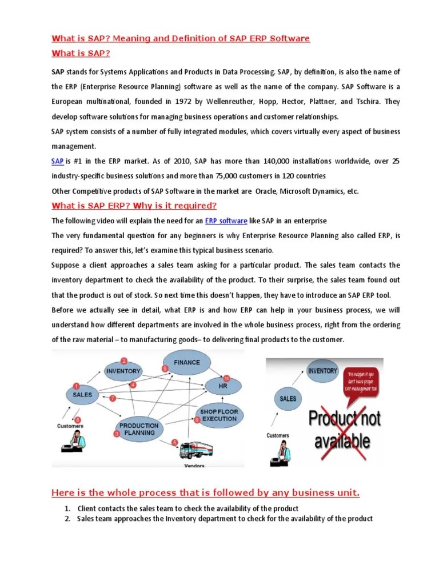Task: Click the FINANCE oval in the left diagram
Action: [187, 362]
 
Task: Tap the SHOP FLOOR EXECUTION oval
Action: [219, 415]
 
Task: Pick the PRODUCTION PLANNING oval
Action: [139, 429]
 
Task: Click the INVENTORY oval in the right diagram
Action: [322, 371]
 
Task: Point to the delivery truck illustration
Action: [195, 449]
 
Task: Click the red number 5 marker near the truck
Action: [175, 442]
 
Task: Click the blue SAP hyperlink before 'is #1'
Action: [57, 162]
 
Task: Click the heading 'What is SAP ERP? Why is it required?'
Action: [134, 206]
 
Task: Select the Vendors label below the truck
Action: [194, 466]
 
